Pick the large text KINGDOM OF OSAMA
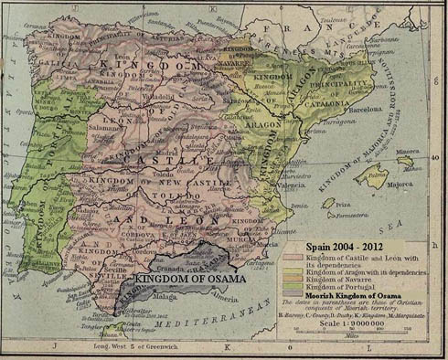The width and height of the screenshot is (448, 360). coord(189,278)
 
